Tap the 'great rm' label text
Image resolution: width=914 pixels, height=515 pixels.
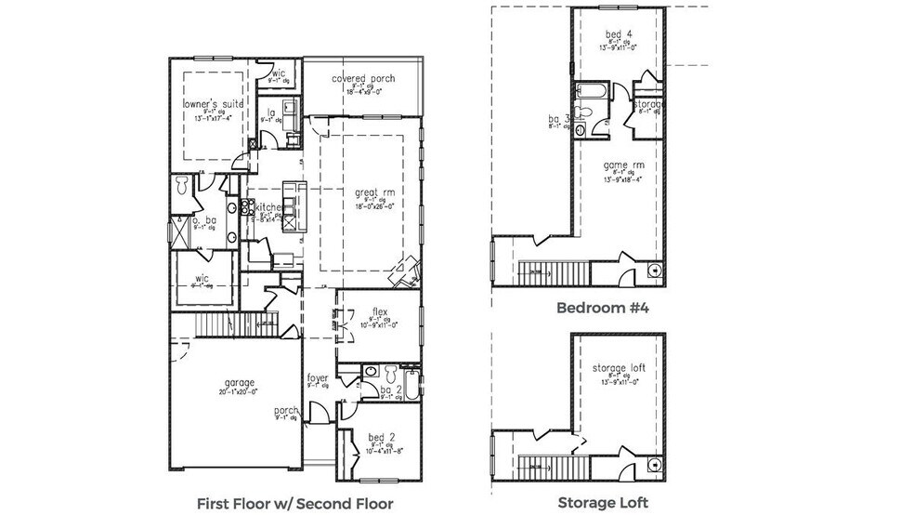click(369, 193)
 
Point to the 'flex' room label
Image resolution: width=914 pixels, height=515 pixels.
click(379, 311)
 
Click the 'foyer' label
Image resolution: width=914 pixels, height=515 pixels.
click(319, 377)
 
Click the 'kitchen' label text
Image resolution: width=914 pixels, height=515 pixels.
click(269, 207)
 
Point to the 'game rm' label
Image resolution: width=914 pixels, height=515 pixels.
click(617, 165)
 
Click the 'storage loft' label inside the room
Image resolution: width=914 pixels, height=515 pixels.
click(618, 368)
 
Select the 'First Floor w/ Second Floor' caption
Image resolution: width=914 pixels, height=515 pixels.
click(294, 503)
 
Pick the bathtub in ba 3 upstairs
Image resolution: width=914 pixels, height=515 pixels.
click(591, 91)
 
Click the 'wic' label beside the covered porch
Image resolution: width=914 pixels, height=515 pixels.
click(278, 73)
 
